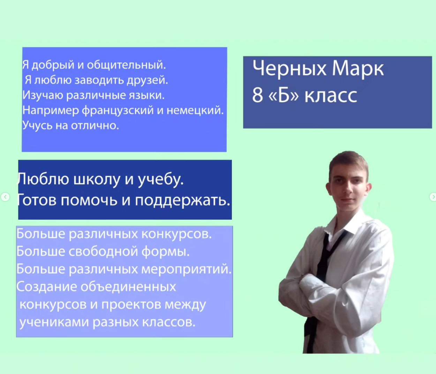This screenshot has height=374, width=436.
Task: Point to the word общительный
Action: [x=127, y=65]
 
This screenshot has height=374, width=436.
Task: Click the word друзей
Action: [x=147, y=81]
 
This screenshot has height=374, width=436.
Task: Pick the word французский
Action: [x=118, y=110]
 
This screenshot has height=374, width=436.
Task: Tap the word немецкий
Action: [x=195, y=110]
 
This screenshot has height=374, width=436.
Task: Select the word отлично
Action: [x=95, y=125]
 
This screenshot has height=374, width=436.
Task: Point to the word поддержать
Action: [x=182, y=200]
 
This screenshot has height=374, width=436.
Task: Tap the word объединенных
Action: [x=128, y=287]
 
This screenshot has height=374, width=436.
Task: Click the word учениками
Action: [x=54, y=322]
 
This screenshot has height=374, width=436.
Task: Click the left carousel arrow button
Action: [x=5, y=197]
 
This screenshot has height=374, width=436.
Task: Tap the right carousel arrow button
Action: [x=433, y=197]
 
